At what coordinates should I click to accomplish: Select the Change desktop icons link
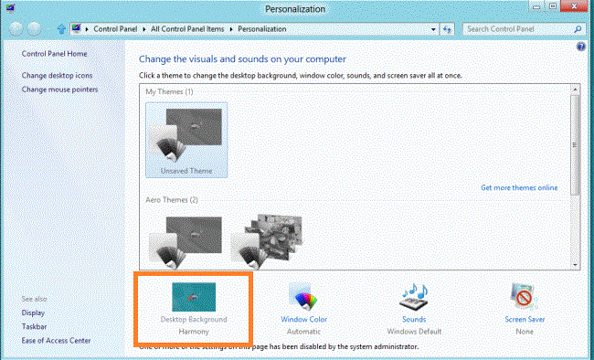[57, 75]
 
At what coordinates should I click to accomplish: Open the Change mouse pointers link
[59, 90]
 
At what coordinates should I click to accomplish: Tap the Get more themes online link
[519, 187]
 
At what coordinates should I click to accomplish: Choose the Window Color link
[303, 319]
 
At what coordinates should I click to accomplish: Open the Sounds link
[414, 319]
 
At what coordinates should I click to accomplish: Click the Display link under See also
[33, 312]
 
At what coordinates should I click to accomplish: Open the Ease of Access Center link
[57, 341]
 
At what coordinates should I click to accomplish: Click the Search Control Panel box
[516, 29]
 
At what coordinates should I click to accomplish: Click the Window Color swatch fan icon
[302, 295]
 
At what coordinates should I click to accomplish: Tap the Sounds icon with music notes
[414, 295]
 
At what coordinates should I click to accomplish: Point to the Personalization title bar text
[296, 9]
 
